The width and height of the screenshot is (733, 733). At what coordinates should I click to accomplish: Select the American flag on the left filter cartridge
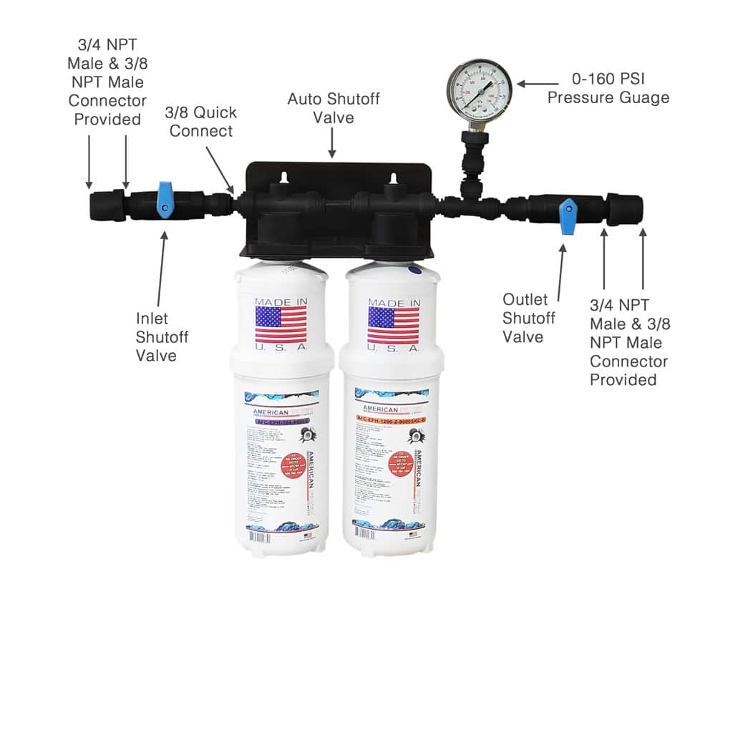coord(281,325)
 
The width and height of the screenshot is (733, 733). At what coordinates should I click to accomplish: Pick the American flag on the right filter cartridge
coord(394,326)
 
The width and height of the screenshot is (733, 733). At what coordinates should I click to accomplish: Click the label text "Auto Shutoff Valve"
coord(333,107)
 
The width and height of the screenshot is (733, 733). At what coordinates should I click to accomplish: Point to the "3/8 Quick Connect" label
coord(200,122)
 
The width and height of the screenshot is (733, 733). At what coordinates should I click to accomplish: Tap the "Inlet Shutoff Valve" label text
coord(162,336)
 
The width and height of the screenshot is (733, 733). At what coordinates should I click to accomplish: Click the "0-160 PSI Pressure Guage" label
coord(608,88)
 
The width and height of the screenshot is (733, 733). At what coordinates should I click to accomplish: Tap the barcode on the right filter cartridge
coord(379,534)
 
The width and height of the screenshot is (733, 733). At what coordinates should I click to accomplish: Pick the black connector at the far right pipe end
coord(624,208)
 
